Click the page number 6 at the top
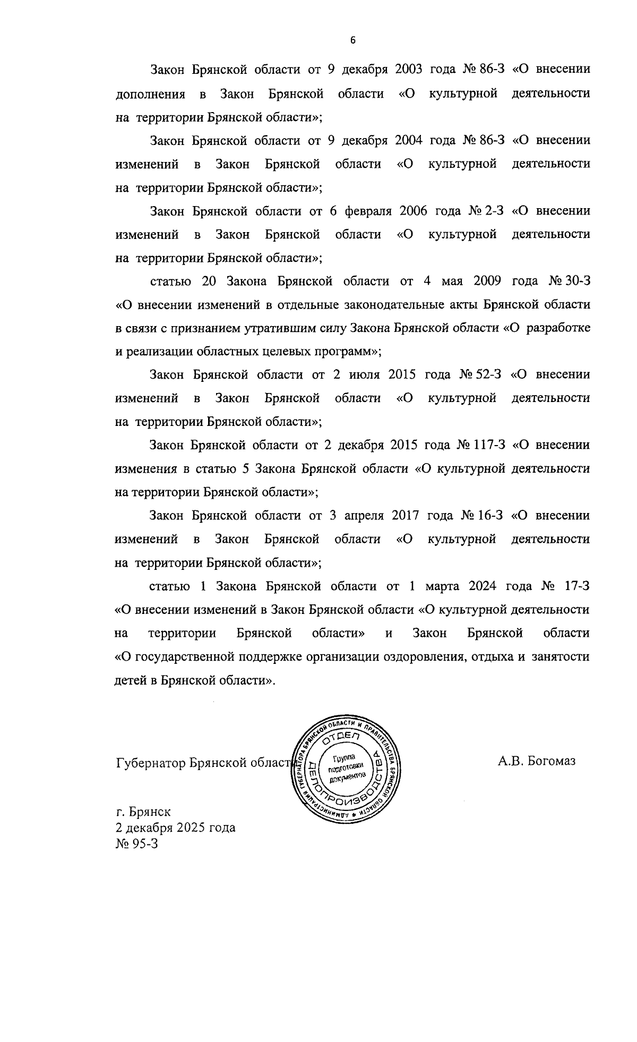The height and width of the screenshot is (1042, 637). click(x=352, y=40)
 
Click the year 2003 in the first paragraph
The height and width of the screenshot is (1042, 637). click(x=409, y=70)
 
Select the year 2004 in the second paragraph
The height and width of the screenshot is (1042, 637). click(x=409, y=140)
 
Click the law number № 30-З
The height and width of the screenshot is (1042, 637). click(x=569, y=281)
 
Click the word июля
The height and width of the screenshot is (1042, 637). click(x=364, y=374)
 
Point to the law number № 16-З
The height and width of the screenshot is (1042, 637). click(x=481, y=515)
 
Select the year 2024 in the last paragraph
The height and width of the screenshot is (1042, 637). click(x=482, y=586)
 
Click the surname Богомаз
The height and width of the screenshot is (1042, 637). click(x=551, y=761)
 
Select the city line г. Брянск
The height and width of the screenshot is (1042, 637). click(x=143, y=812)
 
